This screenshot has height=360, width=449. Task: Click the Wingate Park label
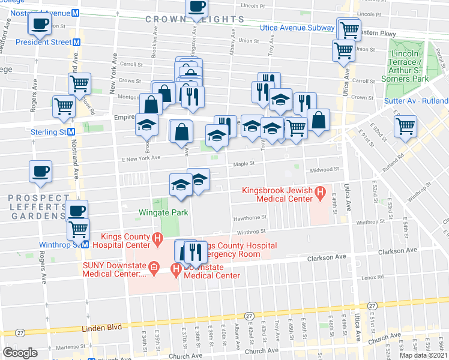pyautogui.click(x=163, y=212)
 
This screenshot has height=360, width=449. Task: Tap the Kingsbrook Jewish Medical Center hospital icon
pyautogui.click(x=320, y=193)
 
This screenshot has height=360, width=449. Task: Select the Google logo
pyautogui.click(x=20, y=353)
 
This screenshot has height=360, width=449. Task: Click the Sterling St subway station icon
pyautogui.click(x=71, y=132)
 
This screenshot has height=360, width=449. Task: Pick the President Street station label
pyautogui.click(x=43, y=42)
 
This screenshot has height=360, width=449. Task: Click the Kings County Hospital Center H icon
pyautogui.click(x=157, y=239)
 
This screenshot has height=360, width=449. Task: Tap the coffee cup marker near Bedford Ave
pyautogui.click(x=40, y=25)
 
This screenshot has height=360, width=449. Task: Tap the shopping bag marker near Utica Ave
pyautogui.click(x=319, y=121)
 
